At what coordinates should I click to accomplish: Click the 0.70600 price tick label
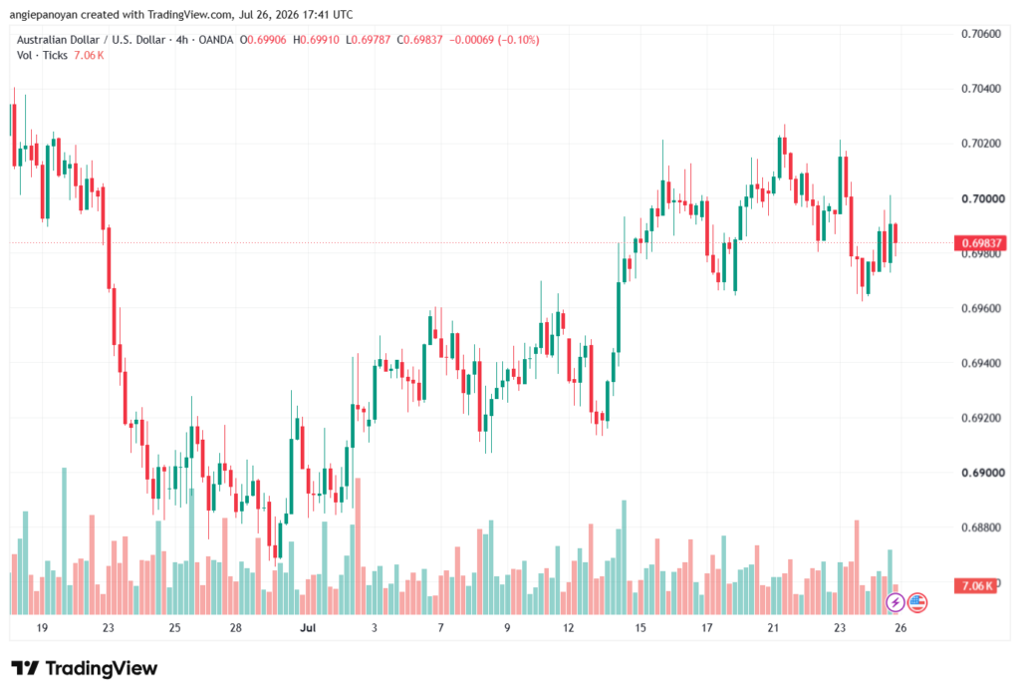click(981, 34)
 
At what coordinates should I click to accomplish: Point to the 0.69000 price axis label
click(981, 473)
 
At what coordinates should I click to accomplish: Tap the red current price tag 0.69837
click(980, 243)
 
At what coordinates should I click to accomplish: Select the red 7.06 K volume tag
click(974, 586)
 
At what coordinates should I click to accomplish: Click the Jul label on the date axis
click(308, 628)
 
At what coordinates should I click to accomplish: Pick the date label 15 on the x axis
click(640, 628)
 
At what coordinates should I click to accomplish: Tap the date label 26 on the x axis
click(900, 628)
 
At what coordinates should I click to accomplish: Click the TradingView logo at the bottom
click(85, 669)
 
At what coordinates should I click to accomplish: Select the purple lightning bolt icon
click(895, 602)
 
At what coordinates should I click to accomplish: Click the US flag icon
click(917, 602)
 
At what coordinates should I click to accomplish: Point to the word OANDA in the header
click(215, 40)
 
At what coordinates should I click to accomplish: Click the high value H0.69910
click(316, 40)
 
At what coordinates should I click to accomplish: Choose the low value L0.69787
click(369, 40)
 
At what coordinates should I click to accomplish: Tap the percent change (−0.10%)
click(518, 40)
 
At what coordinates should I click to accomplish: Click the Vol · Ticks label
click(42, 56)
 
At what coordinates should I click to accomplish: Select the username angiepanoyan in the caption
click(44, 15)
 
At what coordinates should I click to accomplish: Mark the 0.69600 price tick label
click(981, 308)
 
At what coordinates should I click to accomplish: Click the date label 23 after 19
click(108, 628)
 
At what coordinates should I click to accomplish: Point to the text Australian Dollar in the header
click(59, 40)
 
